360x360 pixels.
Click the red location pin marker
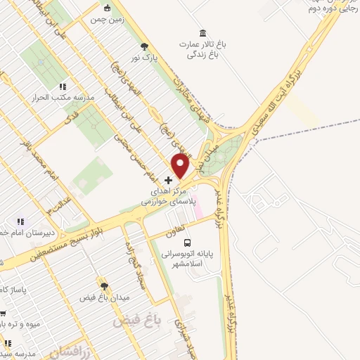pyautogui.click(x=181, y=166)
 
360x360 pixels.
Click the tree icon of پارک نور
pyautogui.click(x=145, y=45)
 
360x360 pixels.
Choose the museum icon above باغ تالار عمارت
pyautogui.click(x=203, y=34)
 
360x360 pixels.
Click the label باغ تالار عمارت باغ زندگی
pyautogui.click(x=203, y=49)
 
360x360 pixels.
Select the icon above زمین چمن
pyautogui.click(x=107, y=8)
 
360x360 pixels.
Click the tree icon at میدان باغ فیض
pyautogui.click(x=105, y=286)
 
